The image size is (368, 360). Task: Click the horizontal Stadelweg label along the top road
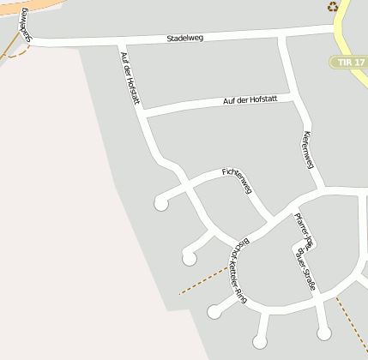(x=189, y=39)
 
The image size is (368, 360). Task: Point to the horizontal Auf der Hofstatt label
(x=250, y=100)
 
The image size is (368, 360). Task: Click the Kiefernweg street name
(x=309, y=150)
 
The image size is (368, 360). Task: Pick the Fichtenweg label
(x=240, y=175)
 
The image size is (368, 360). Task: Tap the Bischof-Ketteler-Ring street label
(x=237, y=271)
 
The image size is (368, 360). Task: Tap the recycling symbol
(x=333, y=7)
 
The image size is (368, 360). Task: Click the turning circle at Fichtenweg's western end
(x=161, y=203)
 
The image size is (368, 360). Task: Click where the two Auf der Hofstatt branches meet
(x=144, y=112)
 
